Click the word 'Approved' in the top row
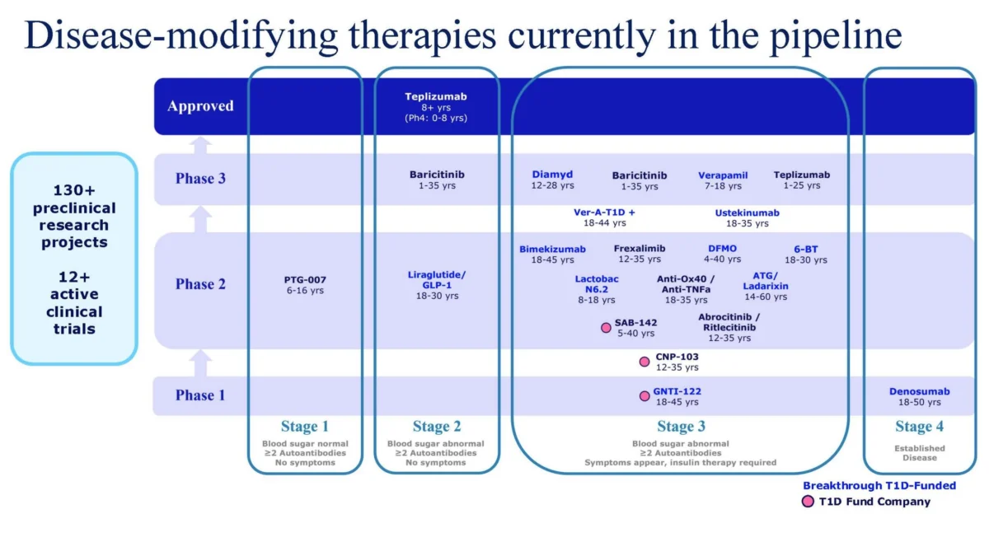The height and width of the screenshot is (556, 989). pos(200,106)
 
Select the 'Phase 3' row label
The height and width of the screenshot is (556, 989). pos(200,178)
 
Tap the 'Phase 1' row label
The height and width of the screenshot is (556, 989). pos(200,395)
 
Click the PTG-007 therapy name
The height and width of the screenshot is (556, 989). pos(305,280)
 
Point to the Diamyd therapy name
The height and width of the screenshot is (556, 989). pos(552,175)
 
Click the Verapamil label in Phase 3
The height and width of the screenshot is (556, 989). pos(723,175)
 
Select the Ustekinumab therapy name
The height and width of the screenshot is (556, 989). pos(747,213)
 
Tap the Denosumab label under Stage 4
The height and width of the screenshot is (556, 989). pos(919,391)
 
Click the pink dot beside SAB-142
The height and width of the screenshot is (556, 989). pos(607,327)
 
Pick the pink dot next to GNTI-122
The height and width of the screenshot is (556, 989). pos(644,396)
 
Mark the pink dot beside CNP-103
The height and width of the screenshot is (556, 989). pos(644,362)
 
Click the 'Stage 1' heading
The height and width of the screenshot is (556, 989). pos(305,427)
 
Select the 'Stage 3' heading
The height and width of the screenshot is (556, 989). pos(681,427)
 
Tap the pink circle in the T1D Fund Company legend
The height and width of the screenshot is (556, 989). pos(808,502)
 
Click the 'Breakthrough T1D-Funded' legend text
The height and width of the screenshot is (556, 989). pos(879,486)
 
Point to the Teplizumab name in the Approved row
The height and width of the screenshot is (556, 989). pos(436,96)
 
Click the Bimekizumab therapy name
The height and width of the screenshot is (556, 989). pos(552,249)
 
